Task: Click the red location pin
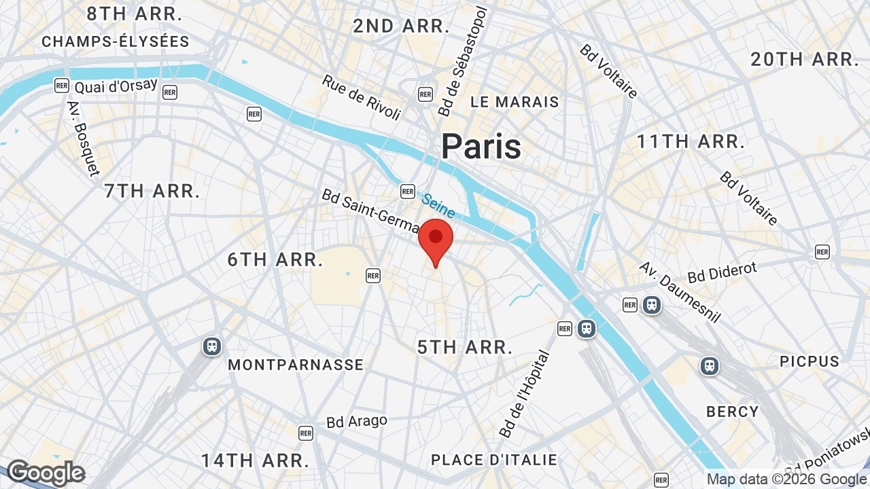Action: pyautogui.click(x=436, y=239)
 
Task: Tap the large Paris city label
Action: pyautogui.click(x=481, y=147)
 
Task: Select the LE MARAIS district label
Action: pyautogui.click(x=515, y=102)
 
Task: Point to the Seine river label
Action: pyautogui.click(x=438, y=205)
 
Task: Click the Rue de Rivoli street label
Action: pyautogui.click(x=361, y=98)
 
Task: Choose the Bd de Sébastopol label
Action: pyautogui.click(x=464, y=61)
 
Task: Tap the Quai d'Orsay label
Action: pyautogui.click(x=116, y=86)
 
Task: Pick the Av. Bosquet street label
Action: pyautogui.click(x=83, y=139)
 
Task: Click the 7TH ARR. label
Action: pyautogui.click(x=152, y=191)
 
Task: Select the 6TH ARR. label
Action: pyautogui.click(x=275, y=259)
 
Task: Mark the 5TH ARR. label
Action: pyautogui.click(x=465, y=347)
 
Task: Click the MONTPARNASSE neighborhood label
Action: pyautogui.click(x=296, y=365)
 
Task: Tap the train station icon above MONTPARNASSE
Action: pyautogui.click(x=212, y=346)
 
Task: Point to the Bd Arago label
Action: pyautogui.click(x=357, y=422)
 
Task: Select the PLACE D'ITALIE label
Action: pyautogui.click(x=494, y=460)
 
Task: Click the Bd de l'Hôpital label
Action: pyautogui.click(x=524, y=394)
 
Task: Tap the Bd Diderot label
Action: pyautogui.click(x=722, y=272)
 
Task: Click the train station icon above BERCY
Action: pyautogui.click(x=710, y=366)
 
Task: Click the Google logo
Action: pyautogui.click(x=46, y=473)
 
